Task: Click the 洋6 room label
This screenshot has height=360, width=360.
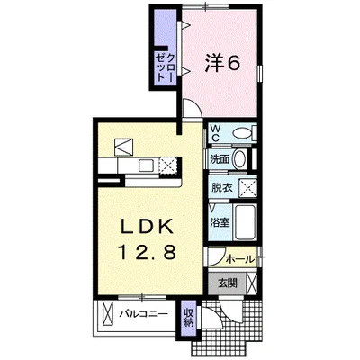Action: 222,63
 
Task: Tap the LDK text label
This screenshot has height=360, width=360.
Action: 147,226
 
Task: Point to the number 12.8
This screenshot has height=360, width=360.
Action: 148,252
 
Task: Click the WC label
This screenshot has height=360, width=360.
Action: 216,133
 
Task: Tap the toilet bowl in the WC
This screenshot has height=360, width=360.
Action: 242,133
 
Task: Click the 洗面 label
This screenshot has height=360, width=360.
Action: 220,159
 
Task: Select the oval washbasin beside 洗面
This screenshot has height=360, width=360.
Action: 239,159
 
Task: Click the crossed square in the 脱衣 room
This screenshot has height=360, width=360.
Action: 247,188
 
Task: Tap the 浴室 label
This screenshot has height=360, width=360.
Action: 220,222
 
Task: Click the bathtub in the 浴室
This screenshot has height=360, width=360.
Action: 245,222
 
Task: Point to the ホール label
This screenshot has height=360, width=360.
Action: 239,259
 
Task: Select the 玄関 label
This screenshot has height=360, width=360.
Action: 227,283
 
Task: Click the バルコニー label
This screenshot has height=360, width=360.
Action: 144,314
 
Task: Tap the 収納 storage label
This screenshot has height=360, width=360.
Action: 189,318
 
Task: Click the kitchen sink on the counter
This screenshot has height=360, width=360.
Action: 146,166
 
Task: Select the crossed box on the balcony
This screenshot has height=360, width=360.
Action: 108,313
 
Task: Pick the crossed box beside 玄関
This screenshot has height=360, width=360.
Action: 252,283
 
